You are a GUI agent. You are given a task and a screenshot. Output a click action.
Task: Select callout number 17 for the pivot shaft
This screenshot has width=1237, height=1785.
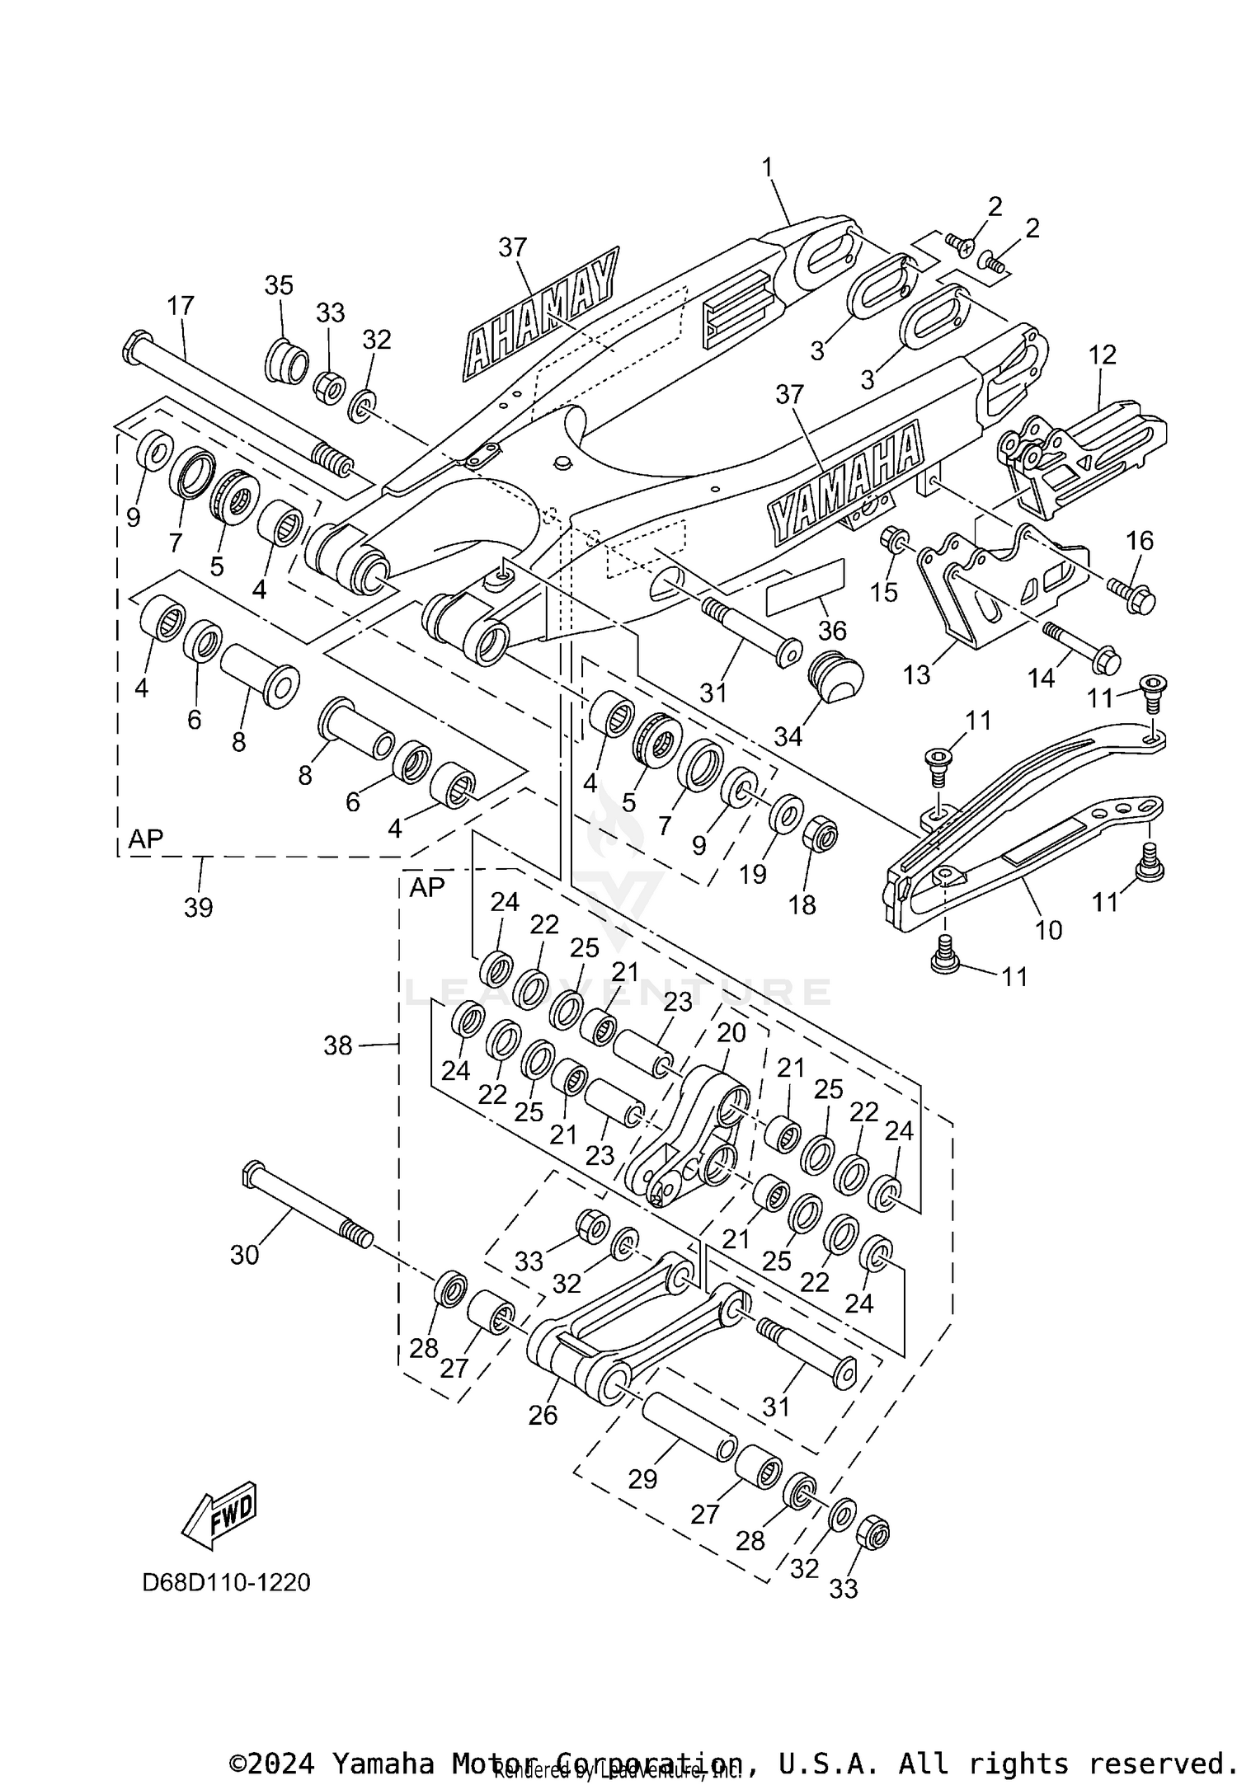click(181, 306)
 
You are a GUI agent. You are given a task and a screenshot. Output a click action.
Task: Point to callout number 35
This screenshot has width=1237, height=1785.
click(279, 285)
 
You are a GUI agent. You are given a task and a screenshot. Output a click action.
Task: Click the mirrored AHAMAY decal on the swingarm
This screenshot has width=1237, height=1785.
click(540, 315)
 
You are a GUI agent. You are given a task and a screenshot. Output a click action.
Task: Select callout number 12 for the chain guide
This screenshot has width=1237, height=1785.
click(1102, 355)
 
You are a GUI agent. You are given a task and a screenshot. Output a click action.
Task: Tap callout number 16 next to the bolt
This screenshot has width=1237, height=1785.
click(1140, 541)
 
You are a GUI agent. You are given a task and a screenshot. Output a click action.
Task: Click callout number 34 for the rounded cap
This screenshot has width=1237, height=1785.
click(788, 736)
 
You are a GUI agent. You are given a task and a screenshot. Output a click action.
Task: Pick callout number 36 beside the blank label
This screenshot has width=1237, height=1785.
click(832, 631)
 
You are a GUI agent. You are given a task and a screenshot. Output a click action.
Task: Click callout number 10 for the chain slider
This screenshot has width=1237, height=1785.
click(1048, 930)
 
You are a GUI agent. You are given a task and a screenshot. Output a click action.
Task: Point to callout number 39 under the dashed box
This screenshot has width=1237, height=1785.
click(199, 907)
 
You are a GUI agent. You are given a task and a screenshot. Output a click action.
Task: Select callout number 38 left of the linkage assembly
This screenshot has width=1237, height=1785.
click(338, 1045)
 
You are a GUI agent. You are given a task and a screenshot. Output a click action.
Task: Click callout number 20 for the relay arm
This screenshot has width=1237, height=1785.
click(731, 1032)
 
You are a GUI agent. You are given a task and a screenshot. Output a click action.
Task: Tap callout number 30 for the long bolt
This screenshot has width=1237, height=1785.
click(245, 1255)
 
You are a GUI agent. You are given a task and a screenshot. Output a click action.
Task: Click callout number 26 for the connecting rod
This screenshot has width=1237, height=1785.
click(543, 1415)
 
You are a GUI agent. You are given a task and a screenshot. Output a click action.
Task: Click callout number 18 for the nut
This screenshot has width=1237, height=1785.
click(802, 904)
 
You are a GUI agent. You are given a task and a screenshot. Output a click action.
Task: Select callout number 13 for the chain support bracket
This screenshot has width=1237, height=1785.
click(916, 674)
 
